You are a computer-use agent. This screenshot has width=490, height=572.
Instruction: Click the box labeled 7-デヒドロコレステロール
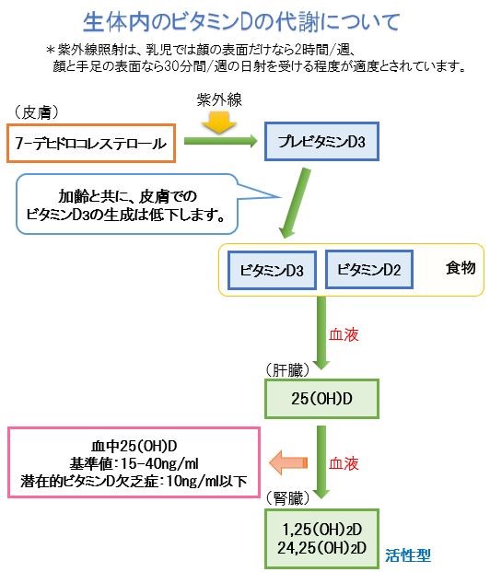click(x=91, y=143)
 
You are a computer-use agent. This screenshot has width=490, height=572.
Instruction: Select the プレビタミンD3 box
click(x=321, y=142)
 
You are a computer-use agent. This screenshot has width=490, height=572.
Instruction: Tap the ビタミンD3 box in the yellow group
click(x=272, y=270)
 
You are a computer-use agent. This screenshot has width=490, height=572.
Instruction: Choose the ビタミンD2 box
click(x=368, y=270)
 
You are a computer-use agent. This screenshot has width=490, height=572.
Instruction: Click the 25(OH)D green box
click(x=321, y=399)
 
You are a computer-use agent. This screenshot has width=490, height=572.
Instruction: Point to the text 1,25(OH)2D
click(x=321, y=530)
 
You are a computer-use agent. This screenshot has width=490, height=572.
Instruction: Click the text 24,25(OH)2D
click(x=321, y=548)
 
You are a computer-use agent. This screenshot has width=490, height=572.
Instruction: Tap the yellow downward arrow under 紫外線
click(x=219, y=123)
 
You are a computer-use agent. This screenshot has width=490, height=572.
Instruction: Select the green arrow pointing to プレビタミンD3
click(x=221, y=141)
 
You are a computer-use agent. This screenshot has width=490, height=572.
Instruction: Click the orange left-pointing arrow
click(x=288, y=462)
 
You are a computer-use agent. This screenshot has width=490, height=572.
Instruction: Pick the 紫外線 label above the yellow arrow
click(x=219, y=100)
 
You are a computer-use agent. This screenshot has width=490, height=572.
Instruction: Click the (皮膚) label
click(x=36, y=112)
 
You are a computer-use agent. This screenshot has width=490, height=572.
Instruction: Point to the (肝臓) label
click(x=287, y=370)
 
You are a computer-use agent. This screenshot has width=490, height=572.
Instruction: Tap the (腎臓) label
click(x=287, y=498)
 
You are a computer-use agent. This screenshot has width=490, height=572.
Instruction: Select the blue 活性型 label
click(x=408, y=555)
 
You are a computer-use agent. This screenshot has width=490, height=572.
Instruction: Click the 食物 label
click(x=461, y=268)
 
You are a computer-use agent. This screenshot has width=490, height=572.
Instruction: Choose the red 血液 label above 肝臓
click(x=344, y=334)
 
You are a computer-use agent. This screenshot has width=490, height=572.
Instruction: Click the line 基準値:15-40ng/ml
click(x=134, y=463)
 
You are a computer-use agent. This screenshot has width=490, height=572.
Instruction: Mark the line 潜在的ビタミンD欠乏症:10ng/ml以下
click(x=134, y=482)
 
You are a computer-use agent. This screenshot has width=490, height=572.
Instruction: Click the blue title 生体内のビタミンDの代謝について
click(x=241, y=22)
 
